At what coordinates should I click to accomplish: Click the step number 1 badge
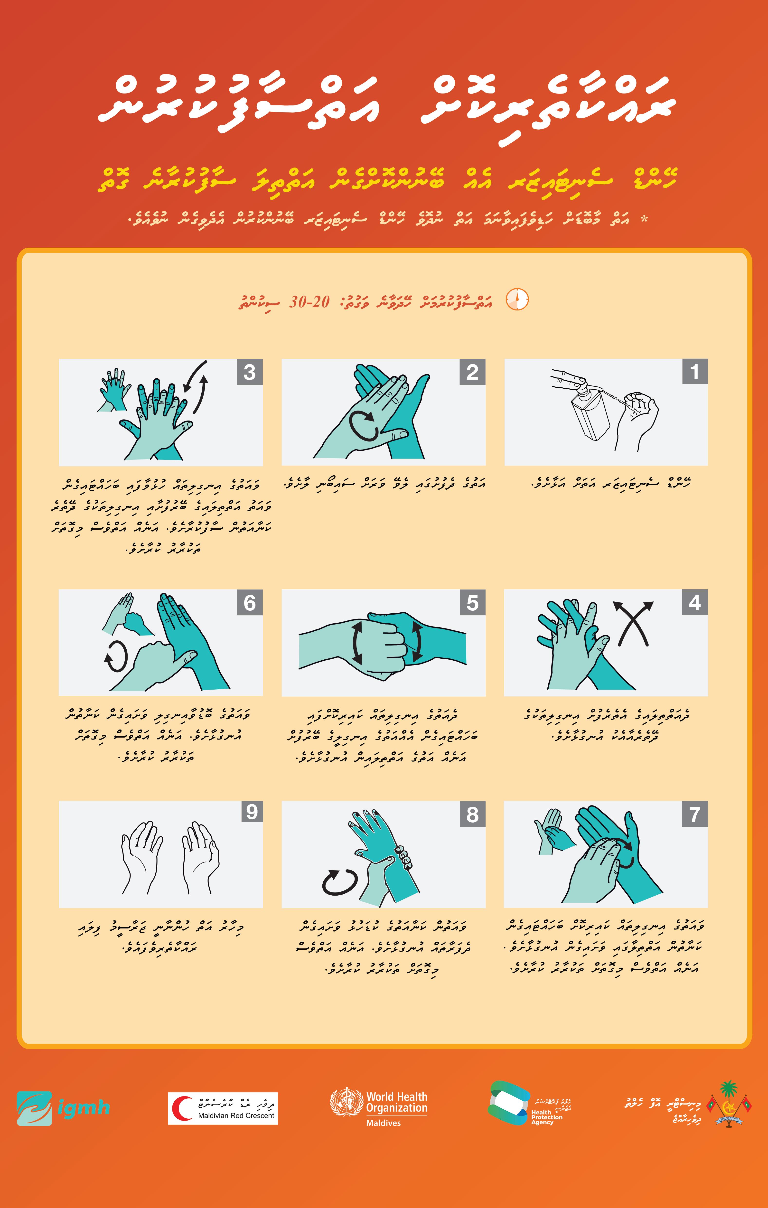[x=695, y=372]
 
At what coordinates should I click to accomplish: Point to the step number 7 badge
[x=695, y=814]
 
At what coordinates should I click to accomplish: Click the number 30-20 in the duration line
[x=309, y=301]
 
